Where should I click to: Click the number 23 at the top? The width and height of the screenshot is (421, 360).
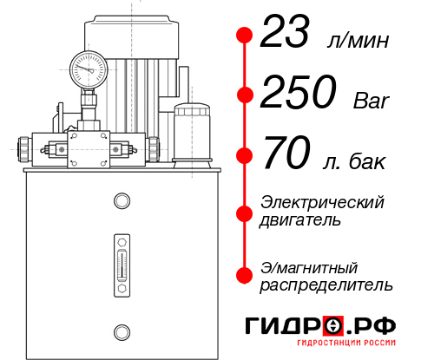[x=291, y=36]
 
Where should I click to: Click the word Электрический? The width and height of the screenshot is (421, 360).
[x=322, y=202]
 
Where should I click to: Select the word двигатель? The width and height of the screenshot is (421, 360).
[x=300, y=220]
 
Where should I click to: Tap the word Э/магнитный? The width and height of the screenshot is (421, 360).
[x=310, y=266]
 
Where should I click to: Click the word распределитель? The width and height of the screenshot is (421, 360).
[x=326, y=285]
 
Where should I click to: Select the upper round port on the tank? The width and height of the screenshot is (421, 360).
[x=121, y=202]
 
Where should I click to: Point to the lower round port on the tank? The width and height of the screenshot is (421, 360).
[x=121, y=330]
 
